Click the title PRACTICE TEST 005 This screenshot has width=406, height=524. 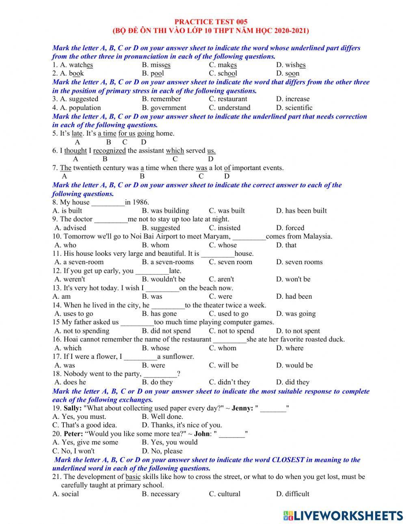[211, 22]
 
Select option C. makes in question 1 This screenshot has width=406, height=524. [223, 65]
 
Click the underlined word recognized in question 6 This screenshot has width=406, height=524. [110, 151]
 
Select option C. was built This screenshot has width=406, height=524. [227, 211]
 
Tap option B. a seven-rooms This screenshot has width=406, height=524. [168, 262]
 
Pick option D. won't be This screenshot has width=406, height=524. [293, 279]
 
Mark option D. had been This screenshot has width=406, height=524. [294, 296]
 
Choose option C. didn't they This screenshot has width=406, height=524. [229, 382]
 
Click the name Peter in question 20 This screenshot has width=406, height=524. [73, 434]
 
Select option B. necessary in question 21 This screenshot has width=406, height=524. [161, 494]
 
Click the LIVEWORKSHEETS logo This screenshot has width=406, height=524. [343, 515]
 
